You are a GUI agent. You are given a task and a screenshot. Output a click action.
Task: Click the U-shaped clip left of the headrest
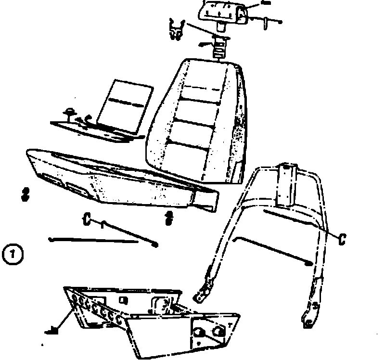click(178, 30)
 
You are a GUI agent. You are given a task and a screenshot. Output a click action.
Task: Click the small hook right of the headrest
click(265, 21)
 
